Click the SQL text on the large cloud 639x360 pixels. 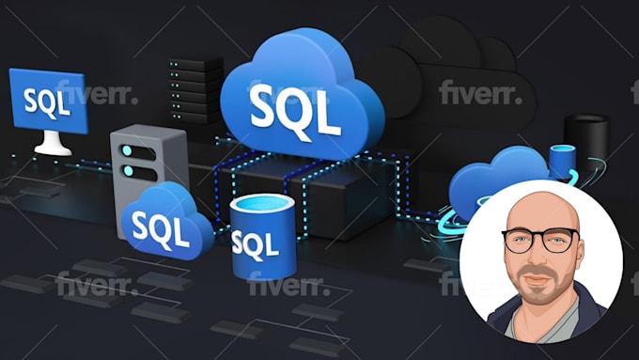pos(295,110)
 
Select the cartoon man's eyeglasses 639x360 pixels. pos(542,240)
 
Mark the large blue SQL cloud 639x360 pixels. pos(293,94)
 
